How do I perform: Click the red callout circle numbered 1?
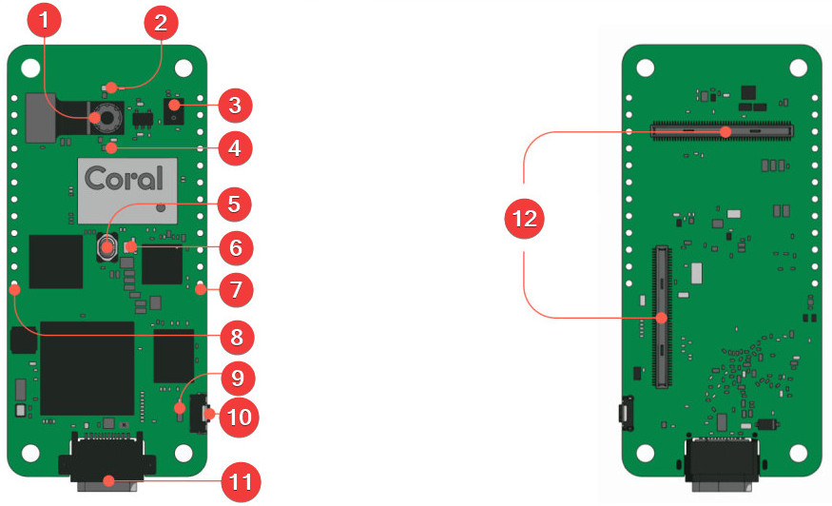point(44,20)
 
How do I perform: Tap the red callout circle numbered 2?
point(161,22)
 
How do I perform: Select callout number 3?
point(235,106)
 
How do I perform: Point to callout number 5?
point(234,204)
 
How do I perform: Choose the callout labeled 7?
point(236,289)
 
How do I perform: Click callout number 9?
point(237,378)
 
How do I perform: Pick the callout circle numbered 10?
point(239,418)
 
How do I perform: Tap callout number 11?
point(240,482)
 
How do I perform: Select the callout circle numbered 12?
point(524,218)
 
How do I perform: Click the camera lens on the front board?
point(107,118)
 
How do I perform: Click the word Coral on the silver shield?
point(125,179)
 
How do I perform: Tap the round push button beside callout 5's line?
point(107,247)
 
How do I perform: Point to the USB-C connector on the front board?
point(107,461)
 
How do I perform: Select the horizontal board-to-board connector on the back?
point(722,130)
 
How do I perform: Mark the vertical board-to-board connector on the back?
point(662,317)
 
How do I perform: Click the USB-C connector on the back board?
point(722,462)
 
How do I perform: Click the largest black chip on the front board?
point(87,368)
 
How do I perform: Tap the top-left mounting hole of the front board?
point(30,68)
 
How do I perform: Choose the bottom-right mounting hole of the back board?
point(798,453)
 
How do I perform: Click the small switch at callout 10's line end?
point(200,413)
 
